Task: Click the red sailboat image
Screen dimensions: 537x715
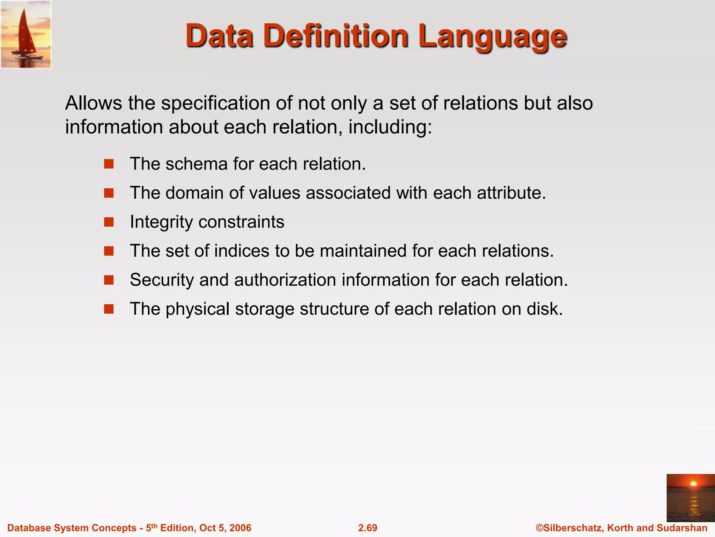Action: (x=26, y=34)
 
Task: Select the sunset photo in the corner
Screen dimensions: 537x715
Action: (x=690, y=498)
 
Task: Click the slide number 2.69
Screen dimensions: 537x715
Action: (x=368, y=528)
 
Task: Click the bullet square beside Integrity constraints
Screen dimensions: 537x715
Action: (x=109, y=222)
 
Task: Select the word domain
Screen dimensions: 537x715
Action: (x=194, y=193)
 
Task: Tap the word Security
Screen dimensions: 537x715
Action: (x=162, y=280)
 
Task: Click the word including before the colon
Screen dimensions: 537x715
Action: (x=388, y=127)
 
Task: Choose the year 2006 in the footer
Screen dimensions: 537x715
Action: (x=241, y=528)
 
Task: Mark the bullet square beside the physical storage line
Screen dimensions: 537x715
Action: (x=109, y=309)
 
